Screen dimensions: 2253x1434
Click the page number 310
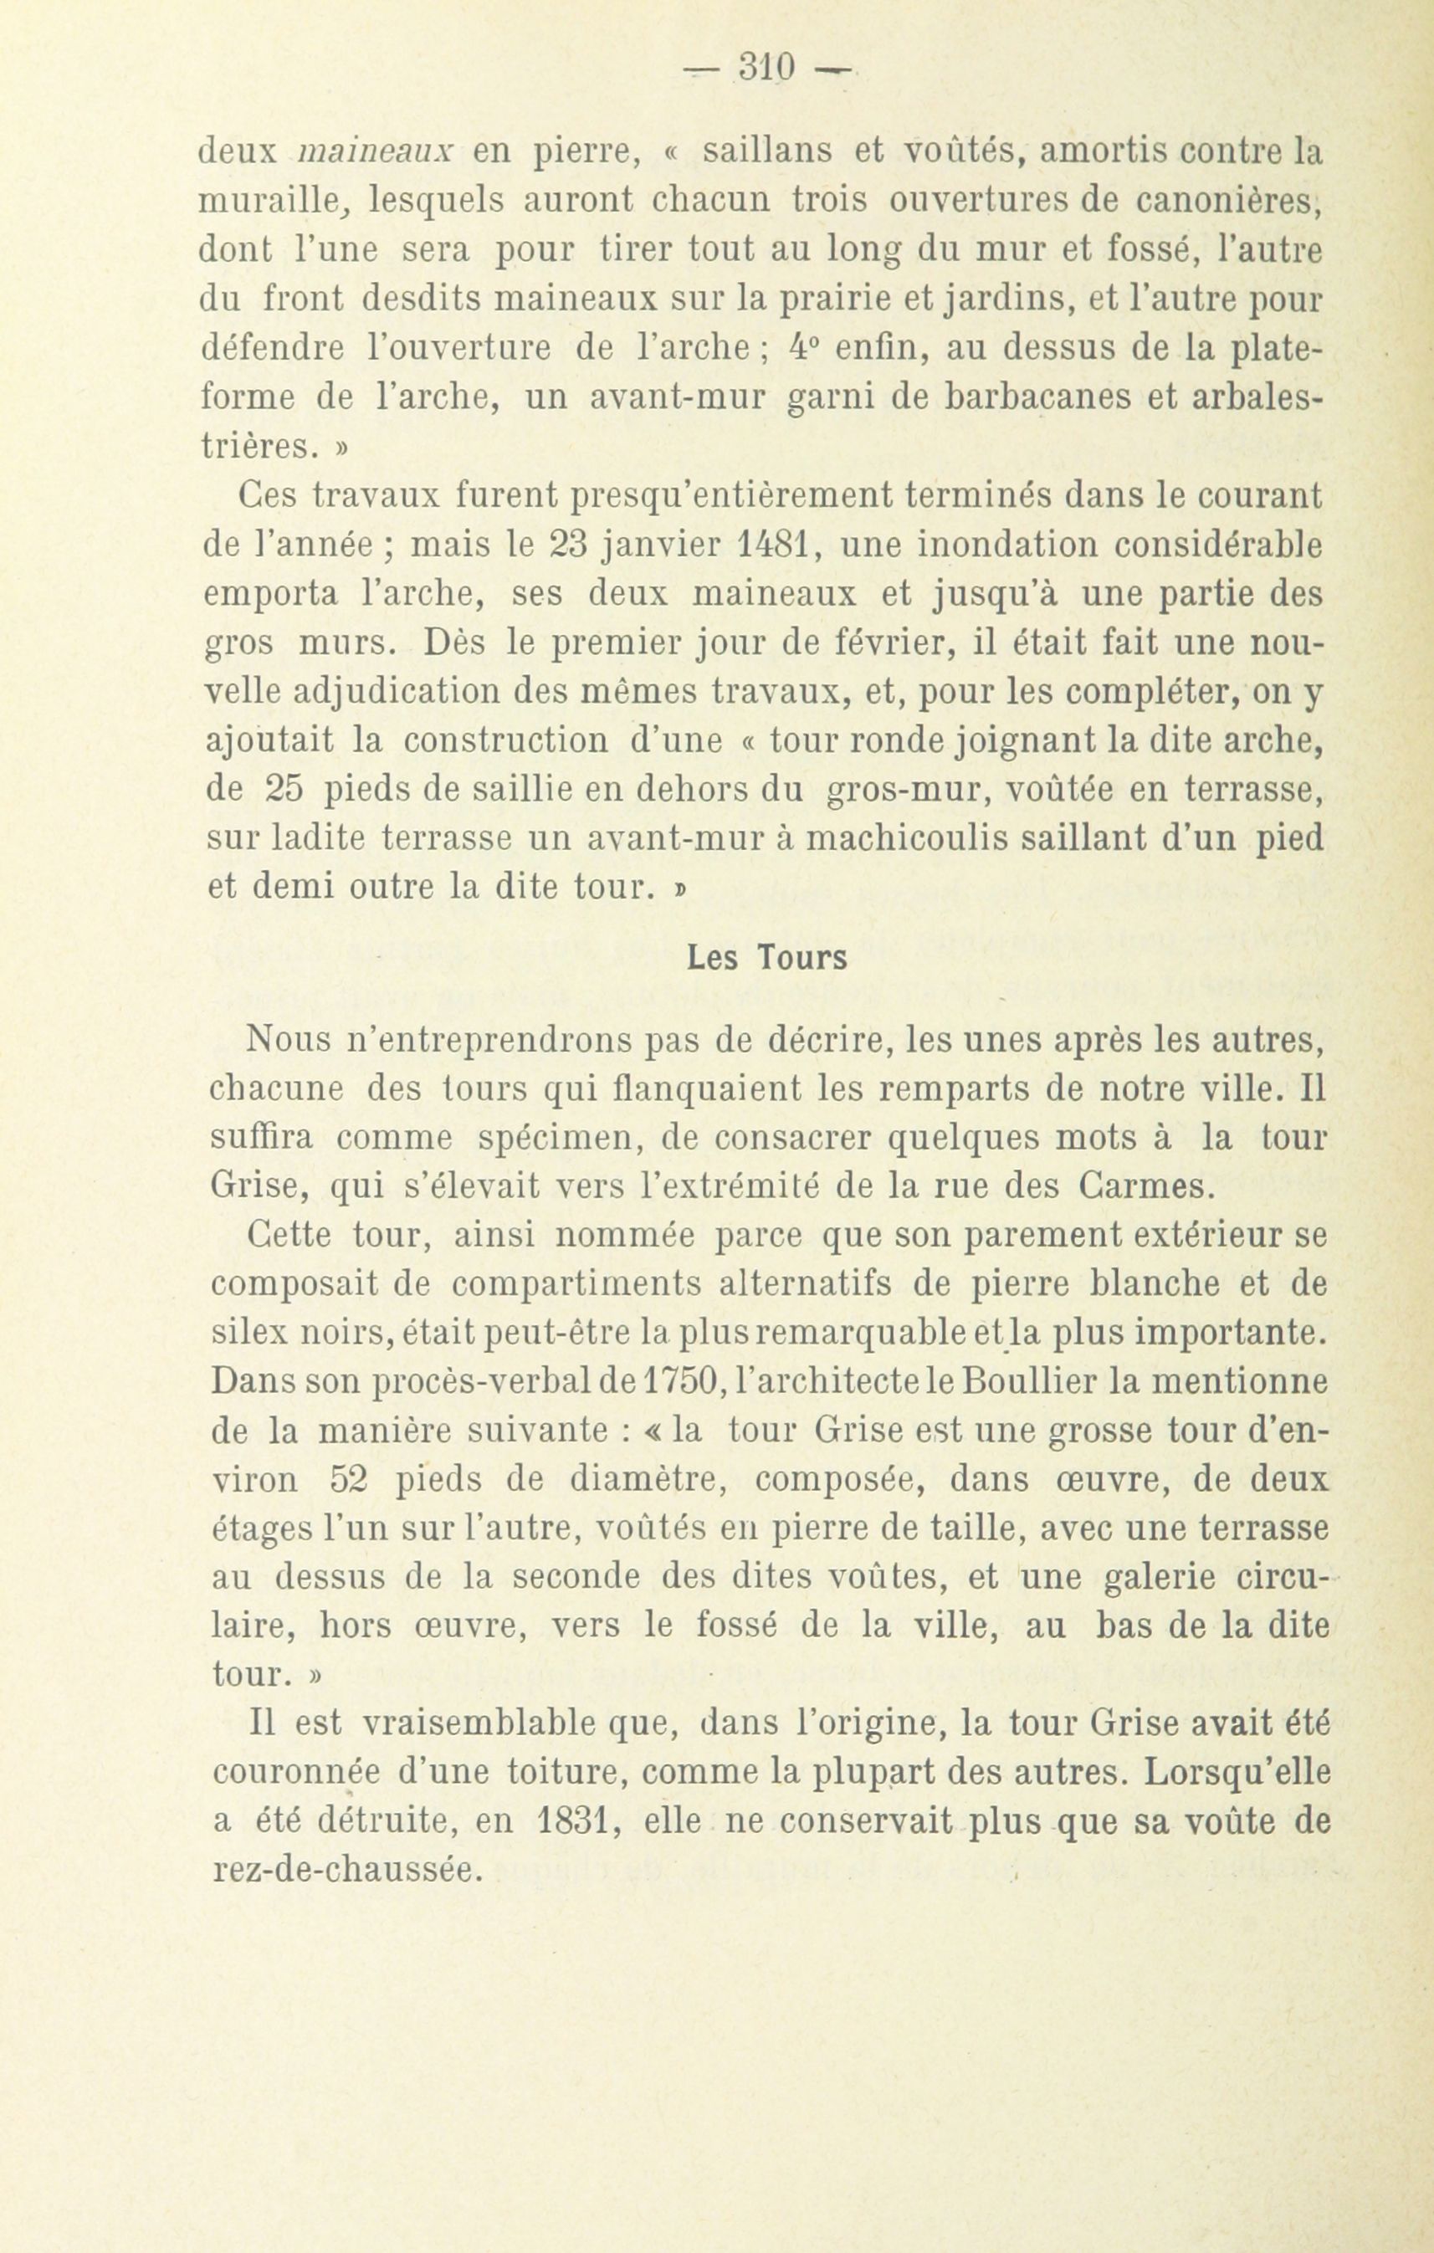pyautogui.click(x=766, y=68)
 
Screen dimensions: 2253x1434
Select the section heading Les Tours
pyautogui.click(x=767, y=958)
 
